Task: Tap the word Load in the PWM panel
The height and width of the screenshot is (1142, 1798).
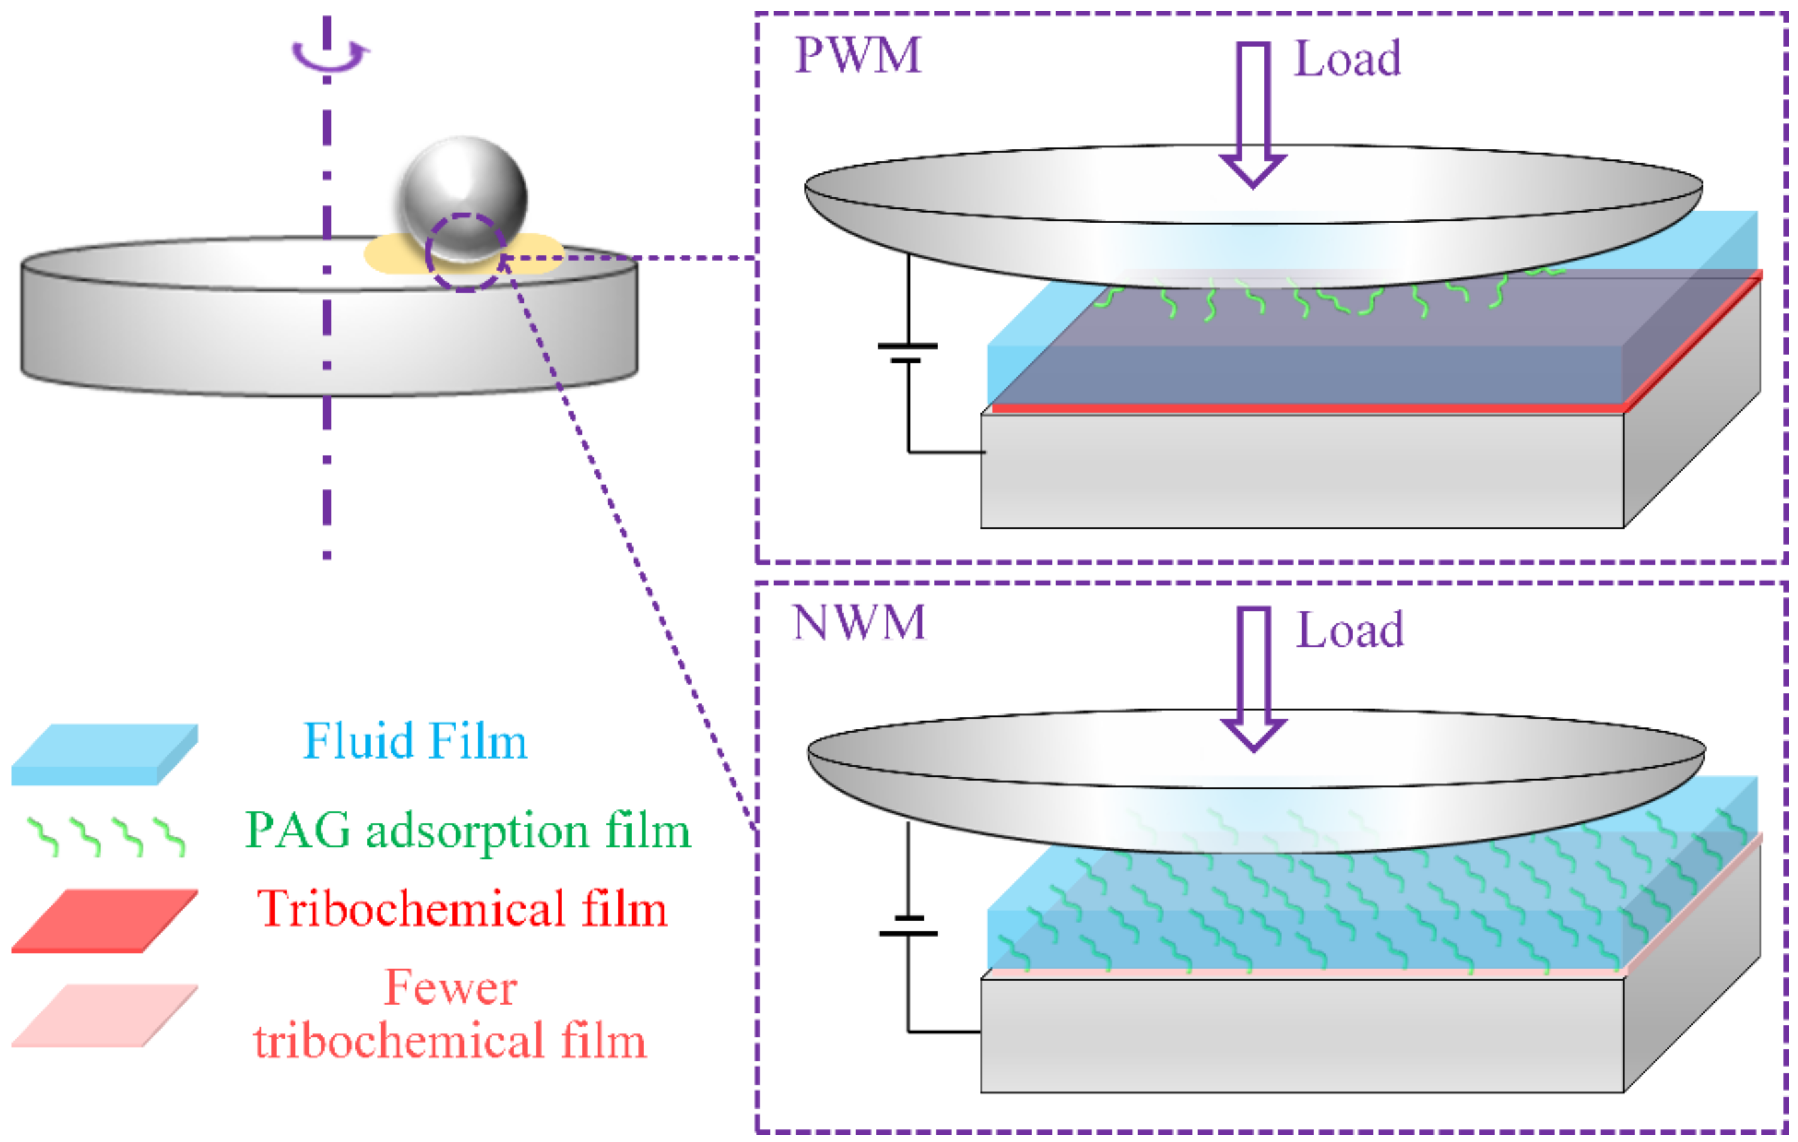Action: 1347,59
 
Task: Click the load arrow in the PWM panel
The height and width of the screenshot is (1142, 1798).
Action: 1252,112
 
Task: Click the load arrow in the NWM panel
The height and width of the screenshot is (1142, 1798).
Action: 1253,677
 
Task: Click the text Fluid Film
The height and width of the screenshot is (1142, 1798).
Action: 415,741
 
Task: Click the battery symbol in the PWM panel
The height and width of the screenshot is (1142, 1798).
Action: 907,353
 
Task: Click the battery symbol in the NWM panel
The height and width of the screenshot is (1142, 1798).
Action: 908,925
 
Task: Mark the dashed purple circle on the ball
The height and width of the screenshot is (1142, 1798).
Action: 464,253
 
